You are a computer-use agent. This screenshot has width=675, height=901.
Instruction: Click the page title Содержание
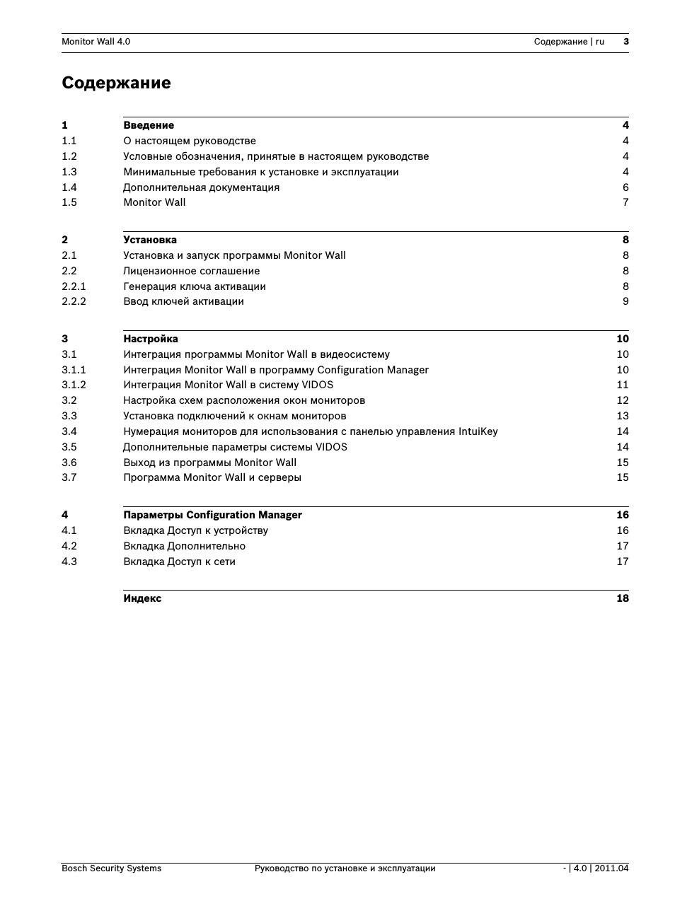tap(116, 83)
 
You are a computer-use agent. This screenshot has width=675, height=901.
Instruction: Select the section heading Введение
tap(149, 125)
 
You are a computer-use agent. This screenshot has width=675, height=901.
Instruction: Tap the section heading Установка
tap(150, 240)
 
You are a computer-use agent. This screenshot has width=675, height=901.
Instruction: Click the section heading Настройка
tap(151, 339)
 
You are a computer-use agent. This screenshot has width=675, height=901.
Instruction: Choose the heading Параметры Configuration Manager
tap(212, 515)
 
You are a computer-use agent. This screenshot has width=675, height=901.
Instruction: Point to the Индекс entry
tap(142, 598)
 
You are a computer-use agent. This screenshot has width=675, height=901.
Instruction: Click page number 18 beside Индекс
tap(622, 598)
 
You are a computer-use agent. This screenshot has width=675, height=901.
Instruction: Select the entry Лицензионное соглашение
tap(191, 271)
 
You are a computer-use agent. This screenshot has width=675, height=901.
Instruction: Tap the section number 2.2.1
tap(74, 286)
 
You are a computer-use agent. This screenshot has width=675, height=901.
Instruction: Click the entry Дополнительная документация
tap(201, 187)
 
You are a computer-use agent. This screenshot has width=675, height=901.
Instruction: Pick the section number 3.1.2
tap(74, 385)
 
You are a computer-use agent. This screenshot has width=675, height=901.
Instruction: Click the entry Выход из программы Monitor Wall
tap(209, 463)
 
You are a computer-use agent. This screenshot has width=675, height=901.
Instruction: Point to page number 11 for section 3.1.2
tap(622, 385)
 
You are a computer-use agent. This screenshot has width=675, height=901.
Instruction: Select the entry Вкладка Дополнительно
tap(184, 546)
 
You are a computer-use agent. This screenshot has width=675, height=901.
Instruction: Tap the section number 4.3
tap(69, 562)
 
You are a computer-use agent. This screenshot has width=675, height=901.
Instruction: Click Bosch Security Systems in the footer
tap(111, 868)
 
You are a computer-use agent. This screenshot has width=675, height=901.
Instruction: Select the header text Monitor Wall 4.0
tap(96, 42)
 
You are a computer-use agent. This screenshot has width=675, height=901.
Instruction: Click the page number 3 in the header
tap(626, 42)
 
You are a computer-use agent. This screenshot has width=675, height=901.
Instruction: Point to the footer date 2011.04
tap(612, 868)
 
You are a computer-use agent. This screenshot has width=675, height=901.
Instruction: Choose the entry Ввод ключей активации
tap(183, 301)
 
